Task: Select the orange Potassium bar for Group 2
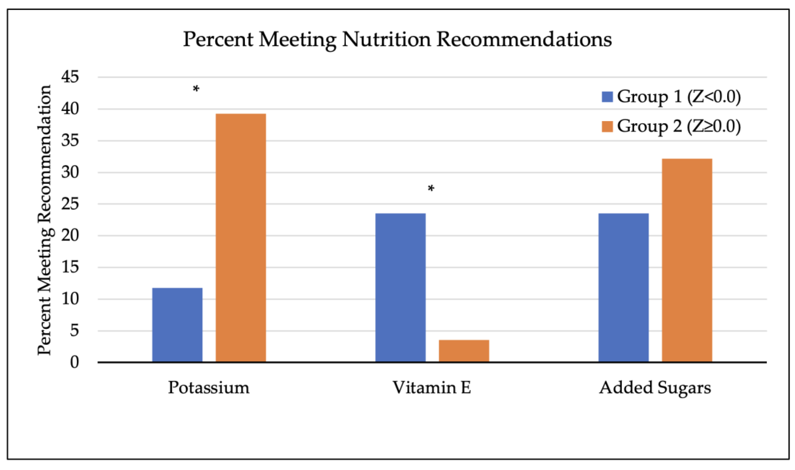241,238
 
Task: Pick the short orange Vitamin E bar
464,351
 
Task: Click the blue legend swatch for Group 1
607,97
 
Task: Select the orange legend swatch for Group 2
607,126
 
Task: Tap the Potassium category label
209,388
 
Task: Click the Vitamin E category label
431,388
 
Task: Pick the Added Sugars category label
655,388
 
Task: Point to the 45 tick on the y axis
70,77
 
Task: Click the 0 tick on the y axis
74,362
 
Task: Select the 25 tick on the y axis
70,204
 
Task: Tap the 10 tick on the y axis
70,299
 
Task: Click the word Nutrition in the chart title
386,40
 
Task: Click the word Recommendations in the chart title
524,40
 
